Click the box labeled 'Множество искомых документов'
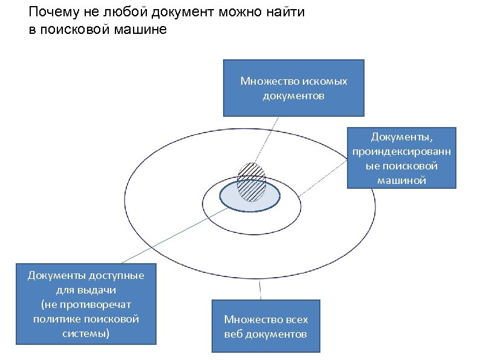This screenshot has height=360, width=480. pyautogui.click(x=293, y=88)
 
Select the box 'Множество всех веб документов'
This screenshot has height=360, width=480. pyautogui.click(x=265, y=326)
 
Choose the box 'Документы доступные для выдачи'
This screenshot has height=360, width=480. pyautogui.click(x=86, y=304)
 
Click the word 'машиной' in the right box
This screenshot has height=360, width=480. pyautogui.click(x=401, y=180)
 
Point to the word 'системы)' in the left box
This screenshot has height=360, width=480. pyautogui.click(x=86, y=332)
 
